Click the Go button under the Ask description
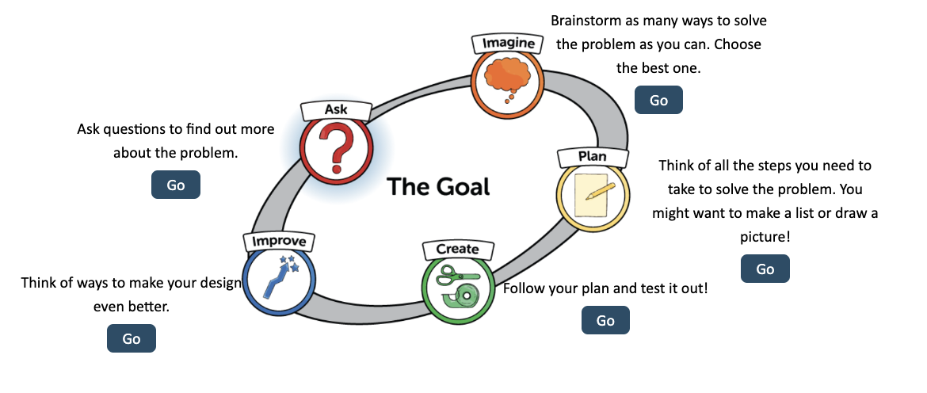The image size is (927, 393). pos(176,185)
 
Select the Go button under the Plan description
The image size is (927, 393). pos(765,269)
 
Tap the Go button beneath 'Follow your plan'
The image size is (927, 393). pos(605,320)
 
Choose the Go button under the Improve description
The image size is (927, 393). pos(132,338)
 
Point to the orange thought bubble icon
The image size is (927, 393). pos(506,78)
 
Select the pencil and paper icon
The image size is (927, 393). pos(593,195)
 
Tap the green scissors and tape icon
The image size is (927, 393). pos(457,287)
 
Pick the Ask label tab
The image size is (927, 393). pos(336,109)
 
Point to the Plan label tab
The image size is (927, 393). pos(593,156)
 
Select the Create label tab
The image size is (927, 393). pos(457,249)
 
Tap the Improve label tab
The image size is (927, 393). pos(279,240)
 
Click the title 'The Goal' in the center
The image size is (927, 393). pos(438,187)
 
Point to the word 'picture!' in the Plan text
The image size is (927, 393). pos(764,236)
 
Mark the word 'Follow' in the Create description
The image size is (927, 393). pos(524,288)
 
